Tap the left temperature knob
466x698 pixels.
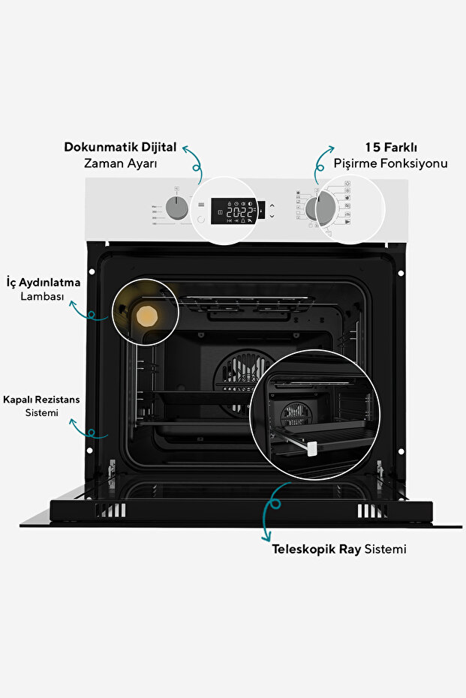click(x=177, y=210)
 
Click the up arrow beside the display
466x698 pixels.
click(x=272, y=205)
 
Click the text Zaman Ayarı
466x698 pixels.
click(x=120, y=163)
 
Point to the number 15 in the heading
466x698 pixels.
click(x=372, y=147)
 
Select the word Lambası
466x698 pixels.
click(x=43, y=298)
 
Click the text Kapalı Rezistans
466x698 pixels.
click(x=41, y=399)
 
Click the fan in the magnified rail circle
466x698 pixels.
click(x=294, y=414)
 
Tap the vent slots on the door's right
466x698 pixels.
click(x=370, y=511)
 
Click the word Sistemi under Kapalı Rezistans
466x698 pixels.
click(x=42, y=413)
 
